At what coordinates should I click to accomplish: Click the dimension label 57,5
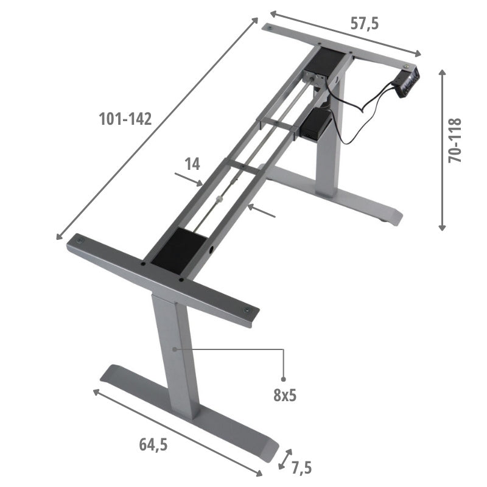point(365,24)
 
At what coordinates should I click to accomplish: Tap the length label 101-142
point(125,119)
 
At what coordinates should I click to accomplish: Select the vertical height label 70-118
point(455,141)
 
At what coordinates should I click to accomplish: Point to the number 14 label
point(192,163)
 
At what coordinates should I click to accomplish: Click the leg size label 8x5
point(284,395)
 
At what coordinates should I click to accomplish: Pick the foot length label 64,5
point(152,445)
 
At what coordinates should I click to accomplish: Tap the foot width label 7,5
point(301,468)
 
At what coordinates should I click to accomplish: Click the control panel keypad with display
point(407,81)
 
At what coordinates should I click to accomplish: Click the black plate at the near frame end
point(180,250)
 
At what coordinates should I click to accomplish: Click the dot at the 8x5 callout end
point(284,379)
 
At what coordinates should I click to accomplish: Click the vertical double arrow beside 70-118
point(443,150)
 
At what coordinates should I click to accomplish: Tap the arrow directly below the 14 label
point(189,180)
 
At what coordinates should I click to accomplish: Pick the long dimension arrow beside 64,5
point(177,432)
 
